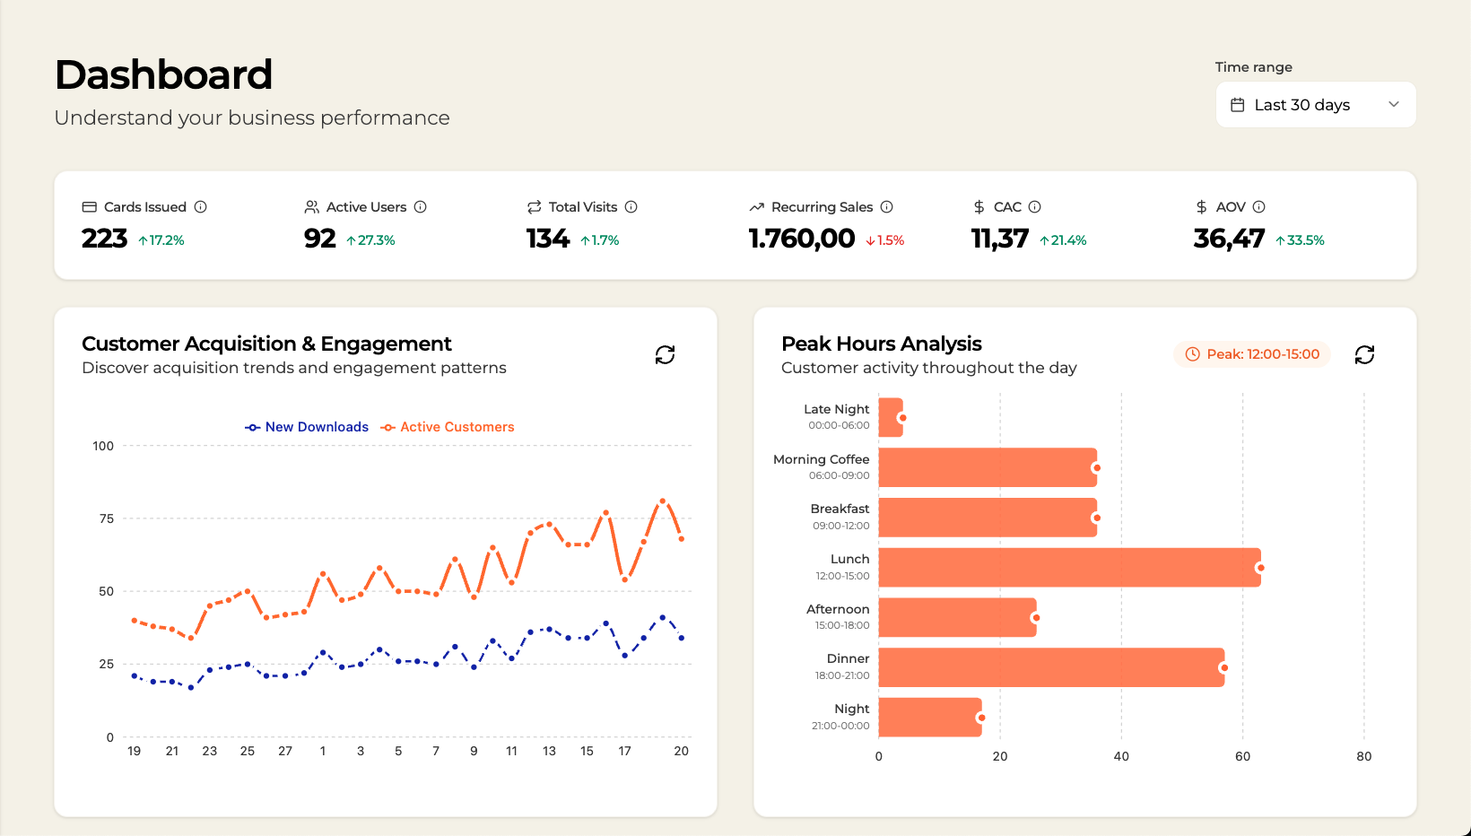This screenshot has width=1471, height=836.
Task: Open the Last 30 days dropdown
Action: pos(1315,105)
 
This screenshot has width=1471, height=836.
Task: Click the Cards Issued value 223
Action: pos(105,239)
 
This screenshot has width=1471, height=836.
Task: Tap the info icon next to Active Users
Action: pos(420,207)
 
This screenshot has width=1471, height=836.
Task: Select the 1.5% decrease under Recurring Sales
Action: pos(885,240)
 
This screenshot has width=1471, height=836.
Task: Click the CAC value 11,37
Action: pos(999,239)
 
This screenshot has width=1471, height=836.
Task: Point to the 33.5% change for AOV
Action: pos(1300,240)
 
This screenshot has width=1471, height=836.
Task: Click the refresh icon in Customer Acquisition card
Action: pos(665,355)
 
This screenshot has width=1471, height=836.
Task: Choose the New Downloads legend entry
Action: pos(307,427)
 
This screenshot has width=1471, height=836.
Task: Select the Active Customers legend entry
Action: pos(448,427)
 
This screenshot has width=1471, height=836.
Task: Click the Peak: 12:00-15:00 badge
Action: pos(1252,354)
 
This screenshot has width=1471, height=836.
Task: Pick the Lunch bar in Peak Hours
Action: pos(1069,568)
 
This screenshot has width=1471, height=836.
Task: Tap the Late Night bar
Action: pos(891,418)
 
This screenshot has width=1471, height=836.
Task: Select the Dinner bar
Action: pos(1051,667)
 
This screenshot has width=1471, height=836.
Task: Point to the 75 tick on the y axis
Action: pos(107,518)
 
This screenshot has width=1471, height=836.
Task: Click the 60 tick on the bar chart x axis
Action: pos(1242,756)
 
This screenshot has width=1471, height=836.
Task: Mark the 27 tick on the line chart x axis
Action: pos(285,751)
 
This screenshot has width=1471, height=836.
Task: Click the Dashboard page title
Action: pos(163,74)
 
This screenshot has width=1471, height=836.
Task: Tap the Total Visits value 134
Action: pos(547,239)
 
